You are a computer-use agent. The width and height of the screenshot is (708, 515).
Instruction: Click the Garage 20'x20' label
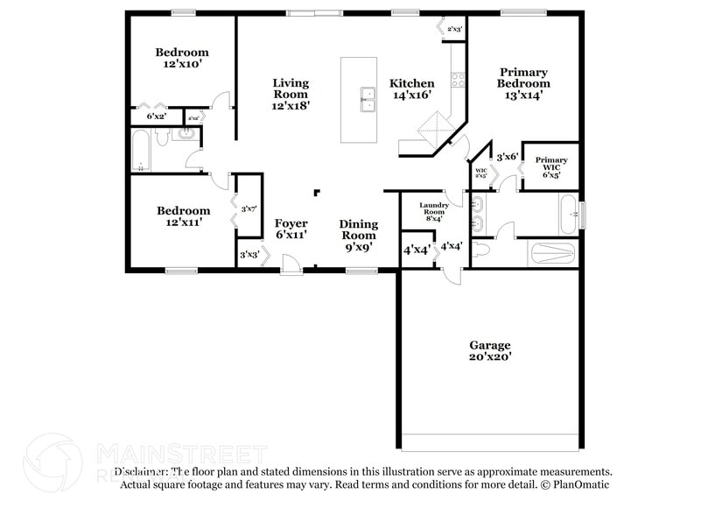click(489, 350)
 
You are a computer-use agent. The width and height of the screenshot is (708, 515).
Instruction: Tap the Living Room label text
click(291, 94)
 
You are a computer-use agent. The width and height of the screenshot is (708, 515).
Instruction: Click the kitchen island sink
click(365, 101)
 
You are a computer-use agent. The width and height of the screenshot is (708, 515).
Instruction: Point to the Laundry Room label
click(435, 211)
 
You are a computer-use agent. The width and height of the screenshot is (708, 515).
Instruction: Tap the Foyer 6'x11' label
click(291, 229)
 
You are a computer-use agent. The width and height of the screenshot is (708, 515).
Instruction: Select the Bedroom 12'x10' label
click(183, 58)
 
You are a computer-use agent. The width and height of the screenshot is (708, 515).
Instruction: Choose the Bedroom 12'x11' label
click(183, 216)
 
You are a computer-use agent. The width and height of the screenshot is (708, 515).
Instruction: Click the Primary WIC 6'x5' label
click(551, 166)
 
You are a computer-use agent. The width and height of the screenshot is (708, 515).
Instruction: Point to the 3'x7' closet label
click(249, 208)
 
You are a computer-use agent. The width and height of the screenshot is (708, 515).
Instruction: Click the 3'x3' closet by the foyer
click(249, 255)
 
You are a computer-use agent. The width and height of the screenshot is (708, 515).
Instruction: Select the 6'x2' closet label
click(157, 116)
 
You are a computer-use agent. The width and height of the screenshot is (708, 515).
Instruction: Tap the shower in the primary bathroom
click(553, 253)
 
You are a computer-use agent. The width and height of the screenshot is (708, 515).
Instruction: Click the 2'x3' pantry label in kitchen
click(454, 30)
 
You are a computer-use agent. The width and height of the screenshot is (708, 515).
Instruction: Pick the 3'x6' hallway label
click(508, 157)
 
